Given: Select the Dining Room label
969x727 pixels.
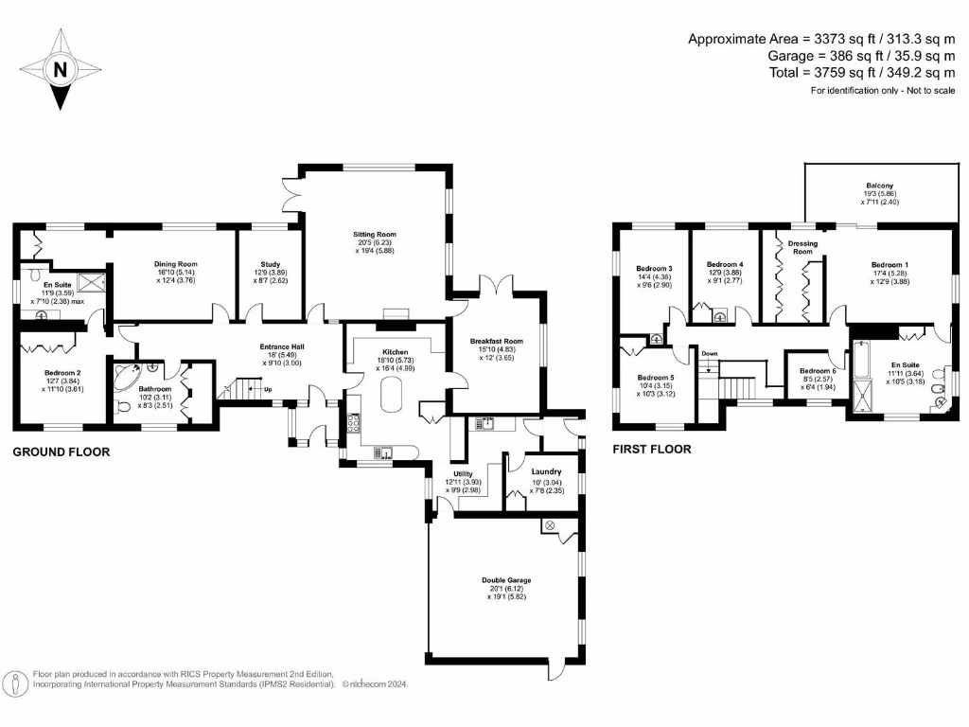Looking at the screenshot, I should pos(175,264).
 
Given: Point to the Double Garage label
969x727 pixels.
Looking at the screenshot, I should pos(506,580).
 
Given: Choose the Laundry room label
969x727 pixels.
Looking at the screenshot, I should pos(546,471).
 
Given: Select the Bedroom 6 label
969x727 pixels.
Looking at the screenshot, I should pos(818,371).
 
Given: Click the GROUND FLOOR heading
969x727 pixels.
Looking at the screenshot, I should pos(61,452).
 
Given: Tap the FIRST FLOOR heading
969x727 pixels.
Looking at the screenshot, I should pos(651,449).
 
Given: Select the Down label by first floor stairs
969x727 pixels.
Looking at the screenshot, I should pos(710,353).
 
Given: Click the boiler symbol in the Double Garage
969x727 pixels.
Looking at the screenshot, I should pos(548,525).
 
